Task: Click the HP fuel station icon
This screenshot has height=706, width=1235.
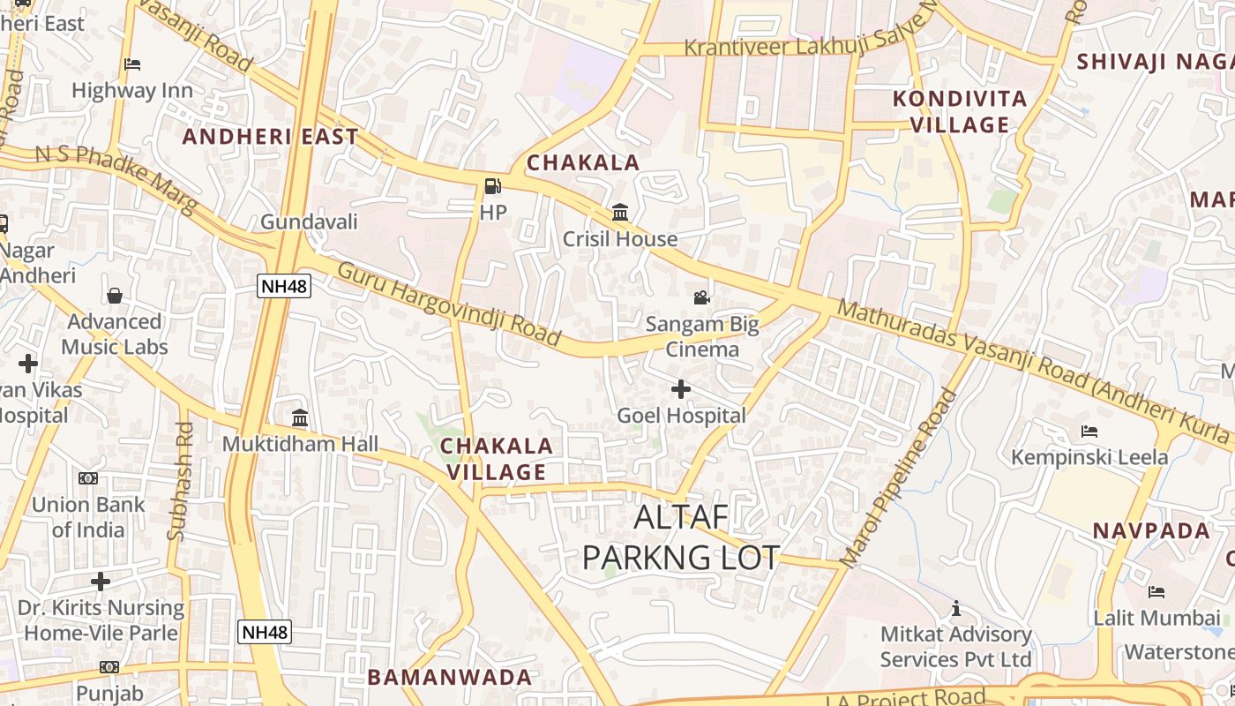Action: tap(492, 186)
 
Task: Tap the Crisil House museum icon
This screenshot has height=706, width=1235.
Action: tap(620, 213)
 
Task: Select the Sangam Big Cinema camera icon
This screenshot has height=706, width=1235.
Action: tap(701, 297)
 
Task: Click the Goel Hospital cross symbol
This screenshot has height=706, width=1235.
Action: tap(681, 388)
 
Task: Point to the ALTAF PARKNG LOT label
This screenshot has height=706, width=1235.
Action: tap(681, 537)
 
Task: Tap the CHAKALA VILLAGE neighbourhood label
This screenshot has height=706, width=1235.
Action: tap(497, 459)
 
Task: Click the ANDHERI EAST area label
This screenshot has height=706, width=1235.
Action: tap(270, 137)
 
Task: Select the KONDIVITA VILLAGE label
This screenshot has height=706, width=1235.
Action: tap(960, 112)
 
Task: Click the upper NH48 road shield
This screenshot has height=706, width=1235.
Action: tap(284, 285)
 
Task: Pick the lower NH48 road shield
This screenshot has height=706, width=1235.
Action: tap(265, 632)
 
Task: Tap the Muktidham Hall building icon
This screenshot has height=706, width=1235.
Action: tap(300, 417)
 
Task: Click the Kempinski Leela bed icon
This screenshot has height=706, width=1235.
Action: tap(1089, 432)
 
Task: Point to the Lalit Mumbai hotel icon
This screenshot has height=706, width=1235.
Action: tap(1156, 591)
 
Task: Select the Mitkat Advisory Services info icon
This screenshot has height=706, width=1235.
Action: tap(955, 608)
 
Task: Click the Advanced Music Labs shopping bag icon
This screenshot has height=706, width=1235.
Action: tap(115, 296)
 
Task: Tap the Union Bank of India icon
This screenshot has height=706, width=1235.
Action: tap(88, 478)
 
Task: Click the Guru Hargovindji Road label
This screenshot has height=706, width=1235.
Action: tap(449, 304)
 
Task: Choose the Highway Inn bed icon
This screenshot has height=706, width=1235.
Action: tap(132, 64)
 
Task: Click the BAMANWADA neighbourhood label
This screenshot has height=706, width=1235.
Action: tap(450, 678)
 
